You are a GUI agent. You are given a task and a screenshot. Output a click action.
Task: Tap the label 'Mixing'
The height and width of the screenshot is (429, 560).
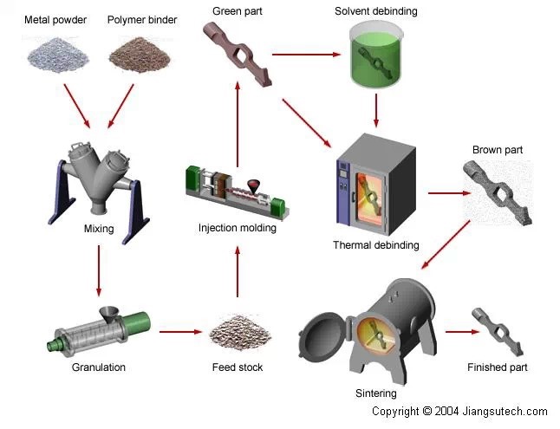pos(99,230)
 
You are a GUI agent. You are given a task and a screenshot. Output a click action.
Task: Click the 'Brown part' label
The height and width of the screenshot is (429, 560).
pos(497,150)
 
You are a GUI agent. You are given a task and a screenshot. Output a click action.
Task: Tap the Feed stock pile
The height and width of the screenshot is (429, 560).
pos(238,329)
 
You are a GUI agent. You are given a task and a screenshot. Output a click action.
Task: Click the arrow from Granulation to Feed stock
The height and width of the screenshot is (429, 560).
pos(180,330)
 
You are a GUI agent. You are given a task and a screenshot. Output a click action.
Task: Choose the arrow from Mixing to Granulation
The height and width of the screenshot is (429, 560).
pos(99,270)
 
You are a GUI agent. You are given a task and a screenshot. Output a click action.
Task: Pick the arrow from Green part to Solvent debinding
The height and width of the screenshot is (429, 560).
pos(305,55)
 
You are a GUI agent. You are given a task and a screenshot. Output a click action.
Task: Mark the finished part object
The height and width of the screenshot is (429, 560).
pos(498,329)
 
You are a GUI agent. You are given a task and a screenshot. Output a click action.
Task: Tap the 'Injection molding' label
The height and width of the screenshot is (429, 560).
pos(237,229)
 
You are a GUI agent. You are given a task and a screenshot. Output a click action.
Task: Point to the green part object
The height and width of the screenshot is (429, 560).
pos(238,52)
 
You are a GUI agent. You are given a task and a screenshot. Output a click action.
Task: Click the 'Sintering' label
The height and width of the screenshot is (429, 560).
pos(376,393)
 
